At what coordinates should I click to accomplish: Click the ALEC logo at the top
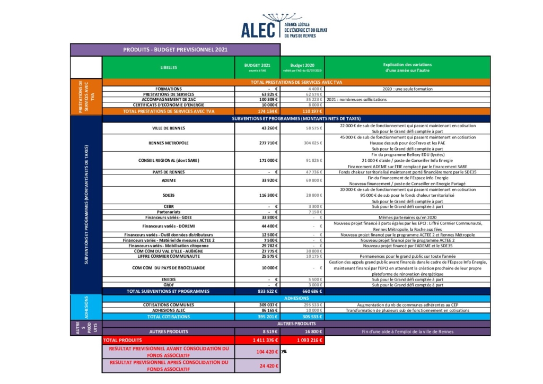click(284, 27)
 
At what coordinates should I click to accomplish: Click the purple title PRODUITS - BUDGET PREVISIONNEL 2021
click(175, 50)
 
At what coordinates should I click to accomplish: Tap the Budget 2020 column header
click(302, 68)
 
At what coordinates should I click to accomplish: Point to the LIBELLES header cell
click(169, 68)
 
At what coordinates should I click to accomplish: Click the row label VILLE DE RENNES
click(169, 128)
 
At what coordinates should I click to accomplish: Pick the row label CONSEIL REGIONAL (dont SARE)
click(169, 160)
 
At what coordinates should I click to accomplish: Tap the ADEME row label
click(169, 180)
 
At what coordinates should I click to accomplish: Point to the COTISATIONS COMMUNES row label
click(169, 305)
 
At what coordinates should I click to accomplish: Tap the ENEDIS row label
click(169, 279)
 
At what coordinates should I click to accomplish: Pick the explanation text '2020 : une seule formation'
click(407, 89)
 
